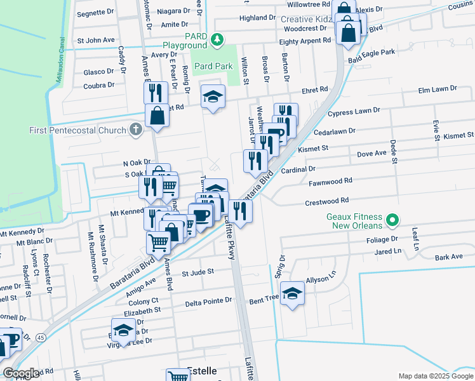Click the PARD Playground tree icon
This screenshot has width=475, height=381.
pyautogui.click(x=217, y=40)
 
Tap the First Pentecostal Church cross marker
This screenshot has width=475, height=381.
pyautogui.click(x=135, y=130)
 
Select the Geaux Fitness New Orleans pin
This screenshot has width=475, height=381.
pyautogui.click(x=392, y=221)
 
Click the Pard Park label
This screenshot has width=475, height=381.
pyautogui.click(x=213, y=66)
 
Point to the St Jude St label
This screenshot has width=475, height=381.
pyautogui.click(x=198, y=274)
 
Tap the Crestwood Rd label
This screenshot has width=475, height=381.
pyautogui.click(x=328, y=201)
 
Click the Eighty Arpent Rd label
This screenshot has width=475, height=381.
pyautogui.click(x=305, y=41)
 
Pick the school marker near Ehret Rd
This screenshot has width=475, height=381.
pyautogui.click(x=213, y=97)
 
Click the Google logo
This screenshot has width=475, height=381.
pyautogui.click(x=22, y=373)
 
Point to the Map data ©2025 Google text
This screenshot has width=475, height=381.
pyautogui.click(x=435, y=376)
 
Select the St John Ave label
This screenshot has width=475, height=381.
pyautogui.click(x=95, y=40)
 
